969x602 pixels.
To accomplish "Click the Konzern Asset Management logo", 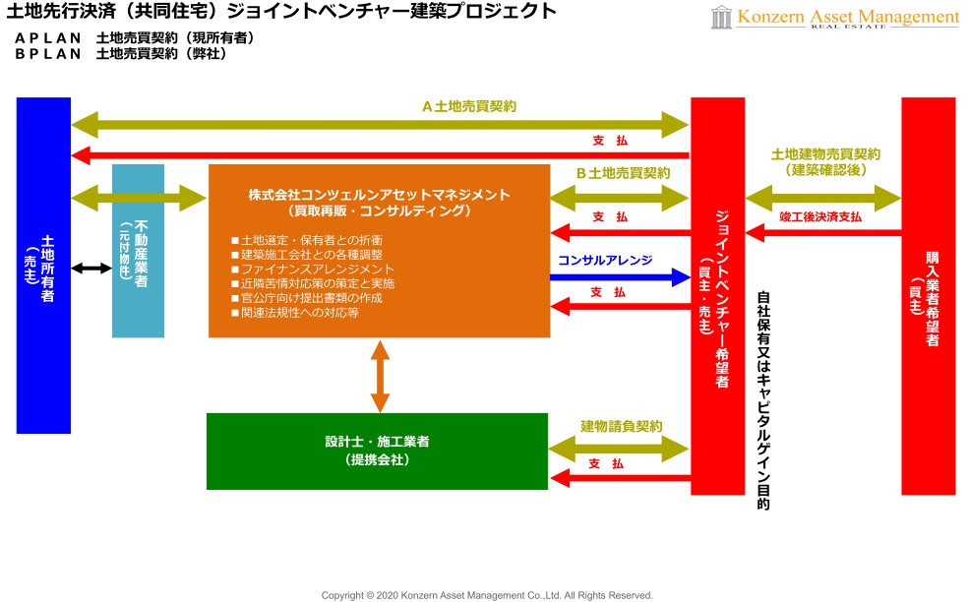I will tap(834, 18).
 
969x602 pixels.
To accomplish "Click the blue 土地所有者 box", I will tap(44, 266).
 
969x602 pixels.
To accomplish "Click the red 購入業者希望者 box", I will tap(928, 295).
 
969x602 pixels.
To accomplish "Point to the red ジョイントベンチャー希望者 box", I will tap(717, 295).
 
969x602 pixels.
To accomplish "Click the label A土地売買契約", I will tap(469, 106).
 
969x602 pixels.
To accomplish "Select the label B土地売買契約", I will tap(623, 172).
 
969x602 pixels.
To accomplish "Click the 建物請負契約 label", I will tap(621, 426).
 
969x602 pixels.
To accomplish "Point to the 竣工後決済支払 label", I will tap(819, 216).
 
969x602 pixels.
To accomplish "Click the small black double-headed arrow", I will tap(91, 268).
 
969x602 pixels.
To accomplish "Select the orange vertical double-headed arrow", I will tap(380, 375).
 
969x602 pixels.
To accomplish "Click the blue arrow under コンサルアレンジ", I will tap(620, 277).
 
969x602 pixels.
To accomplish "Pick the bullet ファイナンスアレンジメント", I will tap(312, 269).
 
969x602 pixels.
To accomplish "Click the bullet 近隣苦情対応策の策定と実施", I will tap(312, 283).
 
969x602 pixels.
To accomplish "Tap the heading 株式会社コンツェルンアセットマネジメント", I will tap(379, 194).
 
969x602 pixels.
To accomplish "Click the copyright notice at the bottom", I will tap(487, 595).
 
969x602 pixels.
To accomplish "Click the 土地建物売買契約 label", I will tap(825, 154).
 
